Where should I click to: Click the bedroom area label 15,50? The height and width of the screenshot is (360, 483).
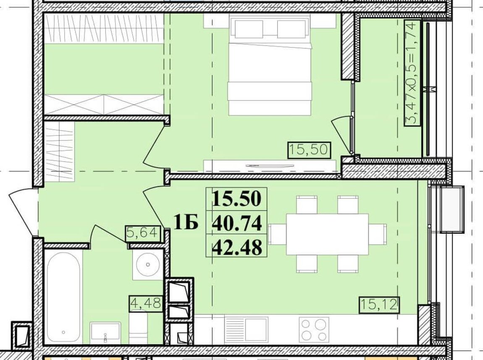click(309, 150)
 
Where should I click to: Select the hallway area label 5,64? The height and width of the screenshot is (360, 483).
click(143, 234)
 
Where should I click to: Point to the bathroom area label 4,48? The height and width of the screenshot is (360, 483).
click(145, 303)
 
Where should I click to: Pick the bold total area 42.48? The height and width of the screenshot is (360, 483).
click(237, 247)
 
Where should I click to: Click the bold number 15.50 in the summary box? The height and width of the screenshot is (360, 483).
click(237, 198)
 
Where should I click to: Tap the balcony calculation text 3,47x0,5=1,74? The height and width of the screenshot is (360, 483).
click(412, 72)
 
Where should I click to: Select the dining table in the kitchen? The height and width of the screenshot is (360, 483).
click(328, 234)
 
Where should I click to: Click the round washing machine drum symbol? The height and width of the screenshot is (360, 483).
click(148, 264)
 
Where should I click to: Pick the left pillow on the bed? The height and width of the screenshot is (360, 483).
click(249, 29)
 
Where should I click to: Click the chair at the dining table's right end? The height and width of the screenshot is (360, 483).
click(378, 234)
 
